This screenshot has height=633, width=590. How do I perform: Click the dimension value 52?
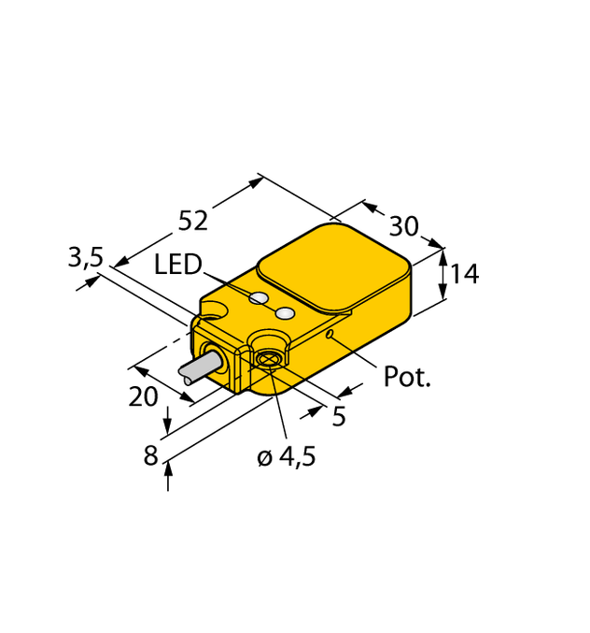click(x=193, y=221)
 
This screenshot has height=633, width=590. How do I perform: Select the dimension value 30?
click(x=403, y=226)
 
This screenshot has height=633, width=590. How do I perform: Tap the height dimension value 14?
click(x=464, y=274)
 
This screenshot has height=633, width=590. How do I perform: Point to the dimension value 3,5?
click(x=85, y=257)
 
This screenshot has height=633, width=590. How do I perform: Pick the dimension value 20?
click(x=143, y=396)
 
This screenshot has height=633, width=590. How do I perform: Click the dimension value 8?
click(x=150, y=456)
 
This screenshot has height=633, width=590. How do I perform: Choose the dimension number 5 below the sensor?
click(x=339, y=416)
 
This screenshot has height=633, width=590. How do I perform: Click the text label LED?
click(x=177, y=266)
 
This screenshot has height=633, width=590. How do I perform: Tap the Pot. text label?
click(x=408, y=378)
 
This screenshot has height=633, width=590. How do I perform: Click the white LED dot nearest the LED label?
click(x=259, y=298)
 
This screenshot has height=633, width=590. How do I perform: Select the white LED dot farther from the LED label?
click(x=286, y=312)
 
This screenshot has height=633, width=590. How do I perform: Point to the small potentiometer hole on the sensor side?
click(x=330, y=335)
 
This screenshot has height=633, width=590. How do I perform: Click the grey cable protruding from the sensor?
click(x=199, y=370)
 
